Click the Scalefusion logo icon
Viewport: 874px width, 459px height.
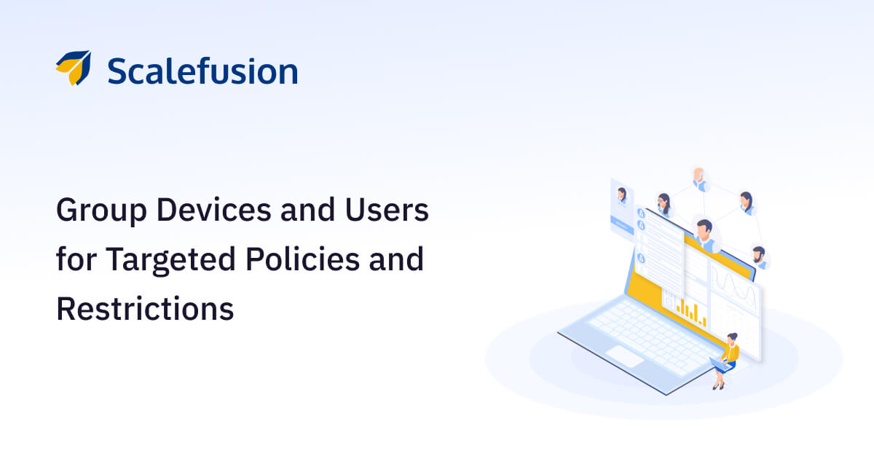point(73,68)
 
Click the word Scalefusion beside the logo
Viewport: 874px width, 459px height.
point(202,71)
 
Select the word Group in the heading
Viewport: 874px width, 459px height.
point(93,211)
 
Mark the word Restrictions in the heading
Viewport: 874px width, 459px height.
point(145,308)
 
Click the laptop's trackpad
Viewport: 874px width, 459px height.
point(625,356)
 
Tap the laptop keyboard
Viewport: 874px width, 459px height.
point(641,331)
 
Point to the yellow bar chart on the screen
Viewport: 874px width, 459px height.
point(690,311)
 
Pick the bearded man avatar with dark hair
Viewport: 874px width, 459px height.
point(759,256)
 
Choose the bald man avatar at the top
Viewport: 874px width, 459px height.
point(699,178)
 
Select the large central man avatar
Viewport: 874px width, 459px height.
point(704,232)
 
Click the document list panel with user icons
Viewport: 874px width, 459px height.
point(659,248)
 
